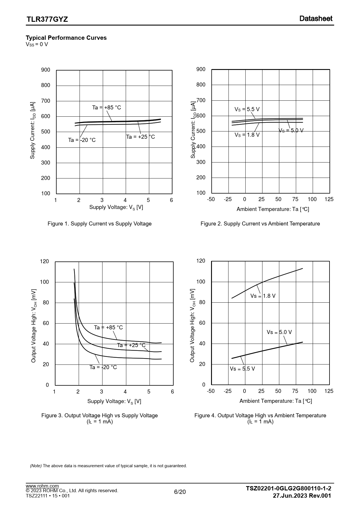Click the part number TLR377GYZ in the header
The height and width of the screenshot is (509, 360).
click(x=47, y=19)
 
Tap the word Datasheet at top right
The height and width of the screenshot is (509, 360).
click(x=316, y=19)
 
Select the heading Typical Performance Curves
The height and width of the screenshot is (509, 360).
click(x=66, y=38)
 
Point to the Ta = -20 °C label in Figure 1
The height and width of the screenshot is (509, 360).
click(x=82, y=140)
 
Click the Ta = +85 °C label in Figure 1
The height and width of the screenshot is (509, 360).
click(x=107, y=108)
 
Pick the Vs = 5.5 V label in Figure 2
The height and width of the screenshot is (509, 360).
click(x=247, y=109)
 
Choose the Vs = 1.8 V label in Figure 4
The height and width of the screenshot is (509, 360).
click(x=263, y=296)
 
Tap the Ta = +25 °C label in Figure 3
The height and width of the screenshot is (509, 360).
click(x=131, y=345)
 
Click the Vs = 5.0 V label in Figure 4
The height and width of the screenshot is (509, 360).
click(x=279, y=332)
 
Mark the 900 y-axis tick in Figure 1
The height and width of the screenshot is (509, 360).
click(x=46, y=70)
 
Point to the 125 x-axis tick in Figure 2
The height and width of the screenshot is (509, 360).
click(x=329, y=199)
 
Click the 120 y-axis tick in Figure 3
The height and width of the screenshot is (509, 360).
click(x=44, y=262)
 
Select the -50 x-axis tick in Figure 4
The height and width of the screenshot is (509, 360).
click(x=211, y=391)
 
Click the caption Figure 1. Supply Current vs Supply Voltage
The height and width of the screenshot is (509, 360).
click(x=100, y=224)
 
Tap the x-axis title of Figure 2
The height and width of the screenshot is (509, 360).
click(x=273, y=209)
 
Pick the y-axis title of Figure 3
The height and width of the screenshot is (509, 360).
click(x=34, y=326)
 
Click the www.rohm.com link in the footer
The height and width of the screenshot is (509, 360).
click(x=42, y=486)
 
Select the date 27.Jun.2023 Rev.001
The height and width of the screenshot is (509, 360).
click(x=302, y=496)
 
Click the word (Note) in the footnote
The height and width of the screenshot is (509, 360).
click(x=36, y=466)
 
